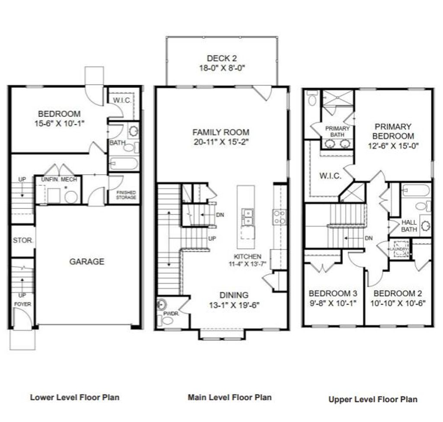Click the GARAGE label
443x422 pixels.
[x=87, y=262]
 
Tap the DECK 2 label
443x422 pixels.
[x=221, y=58]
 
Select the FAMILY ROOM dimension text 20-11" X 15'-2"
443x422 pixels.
[x=221, y=142]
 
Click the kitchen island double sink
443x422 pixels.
[x=247, y=217]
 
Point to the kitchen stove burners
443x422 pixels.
[x=279, y=217]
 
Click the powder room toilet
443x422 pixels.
[x=167, y=320]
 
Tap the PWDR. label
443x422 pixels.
[x=169, y=313]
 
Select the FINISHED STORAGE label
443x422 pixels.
[x=126, y=195]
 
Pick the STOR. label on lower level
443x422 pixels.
[x=22, y=240]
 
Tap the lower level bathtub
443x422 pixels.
[x=124, y=164]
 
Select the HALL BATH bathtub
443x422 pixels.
[x=415, y=190]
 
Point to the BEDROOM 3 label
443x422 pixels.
[x=333, y=293]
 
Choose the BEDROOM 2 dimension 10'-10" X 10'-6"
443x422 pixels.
[x=398, y=303]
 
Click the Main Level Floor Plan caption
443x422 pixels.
[x=230, y=397]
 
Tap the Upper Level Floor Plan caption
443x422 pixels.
[x=373, y=399]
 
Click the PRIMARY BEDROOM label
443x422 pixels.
[x=393, y=131]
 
